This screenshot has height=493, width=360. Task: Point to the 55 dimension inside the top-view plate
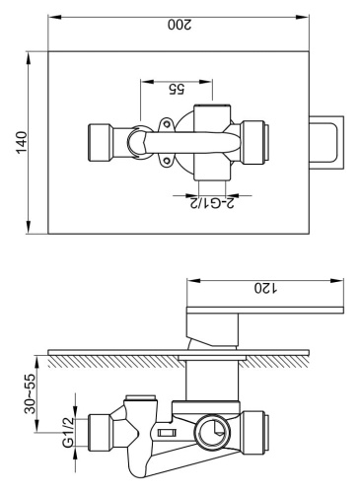point(177,88)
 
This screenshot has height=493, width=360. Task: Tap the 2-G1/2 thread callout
point(210,203)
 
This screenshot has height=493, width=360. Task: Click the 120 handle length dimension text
point(262,289)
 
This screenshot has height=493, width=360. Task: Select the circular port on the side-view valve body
point(210,427)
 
